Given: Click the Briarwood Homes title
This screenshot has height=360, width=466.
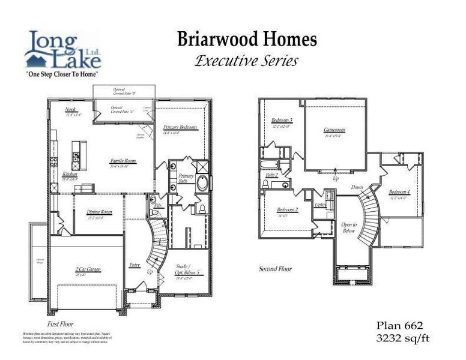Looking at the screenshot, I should pyautogui.click(x=246, y=40).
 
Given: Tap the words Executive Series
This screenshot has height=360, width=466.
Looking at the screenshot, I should pyautogui.click(x=246, y=61).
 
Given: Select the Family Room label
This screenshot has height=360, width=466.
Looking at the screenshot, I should pyautogui.click(x=123, y=161).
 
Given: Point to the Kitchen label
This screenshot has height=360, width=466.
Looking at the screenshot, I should pyautogui.click(x=70, y=174).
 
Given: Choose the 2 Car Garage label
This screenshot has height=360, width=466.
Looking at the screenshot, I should pyautogui.click(x=87, y=271).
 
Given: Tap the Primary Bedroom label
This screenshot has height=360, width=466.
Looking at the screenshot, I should pyautogui.click(x=180, y=128).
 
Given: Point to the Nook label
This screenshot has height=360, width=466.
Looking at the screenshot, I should pyautogui.click(x=70, y=110).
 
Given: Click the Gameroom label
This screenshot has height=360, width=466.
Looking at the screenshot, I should pyautogui.click(x=334, y=130).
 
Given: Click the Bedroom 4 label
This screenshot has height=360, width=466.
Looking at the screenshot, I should pyautogui.click(x=399, y=192).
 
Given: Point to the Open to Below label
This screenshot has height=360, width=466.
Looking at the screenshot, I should pyautogui.click(x=349, y=227).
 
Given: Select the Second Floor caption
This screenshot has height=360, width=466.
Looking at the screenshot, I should pyautogui.click(x=275, y=269).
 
